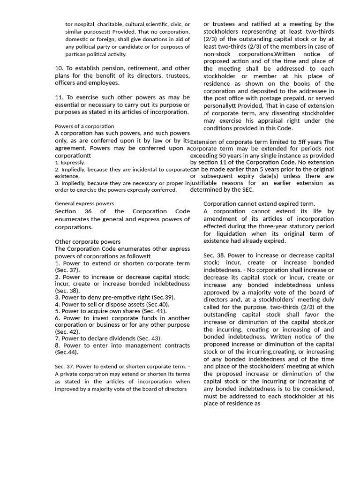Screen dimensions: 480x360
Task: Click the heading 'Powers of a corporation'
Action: (x=84, y=126)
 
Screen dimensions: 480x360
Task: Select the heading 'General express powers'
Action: (x=84, y=203)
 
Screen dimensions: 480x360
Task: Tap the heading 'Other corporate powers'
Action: (x=88, y=242)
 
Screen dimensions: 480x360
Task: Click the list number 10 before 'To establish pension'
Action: (x=59, y=68)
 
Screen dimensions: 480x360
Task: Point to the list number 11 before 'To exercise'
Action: (x=59, y=97)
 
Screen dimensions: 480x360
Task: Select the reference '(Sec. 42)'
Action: (x=67, y=331)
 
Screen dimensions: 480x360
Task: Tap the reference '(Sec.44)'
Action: (x=67, y=352)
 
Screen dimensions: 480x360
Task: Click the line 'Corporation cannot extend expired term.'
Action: (x=259, y=204)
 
